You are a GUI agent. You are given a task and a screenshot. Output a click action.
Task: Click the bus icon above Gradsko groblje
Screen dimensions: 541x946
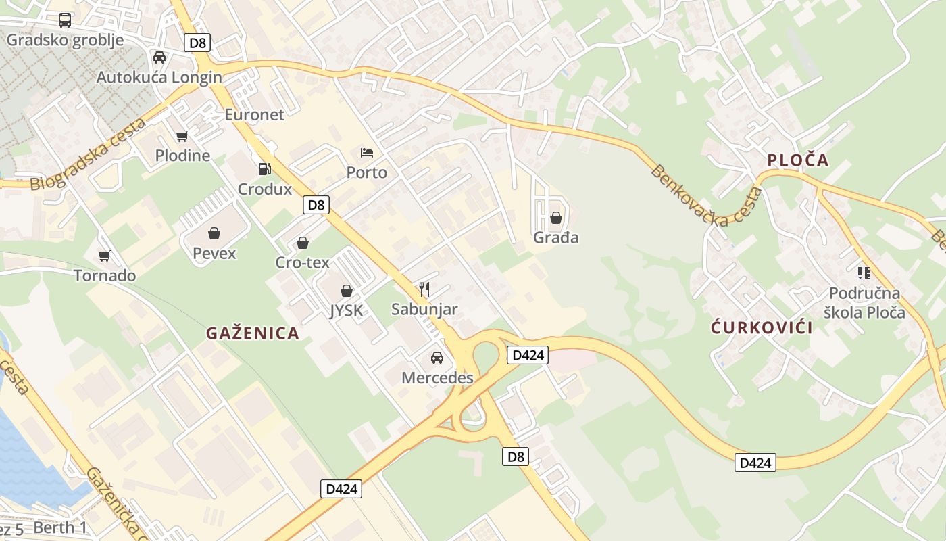65,20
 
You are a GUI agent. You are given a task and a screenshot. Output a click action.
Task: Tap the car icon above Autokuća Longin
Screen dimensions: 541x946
159,57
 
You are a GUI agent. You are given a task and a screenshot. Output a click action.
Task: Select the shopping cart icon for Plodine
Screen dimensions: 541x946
182,137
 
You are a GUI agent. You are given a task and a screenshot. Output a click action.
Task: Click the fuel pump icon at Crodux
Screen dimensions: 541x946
265,168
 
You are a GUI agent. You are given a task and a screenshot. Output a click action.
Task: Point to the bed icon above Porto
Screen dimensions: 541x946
366,152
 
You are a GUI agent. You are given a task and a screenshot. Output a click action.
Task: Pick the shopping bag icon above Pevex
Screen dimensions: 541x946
214,233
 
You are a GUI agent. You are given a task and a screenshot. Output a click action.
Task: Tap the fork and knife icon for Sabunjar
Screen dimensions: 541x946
424,289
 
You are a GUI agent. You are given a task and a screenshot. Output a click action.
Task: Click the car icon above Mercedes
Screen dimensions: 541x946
437,357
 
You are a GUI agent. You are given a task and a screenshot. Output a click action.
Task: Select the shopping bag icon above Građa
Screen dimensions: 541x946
556,218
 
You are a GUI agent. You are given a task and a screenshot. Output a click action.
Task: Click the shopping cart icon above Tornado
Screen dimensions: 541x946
104,256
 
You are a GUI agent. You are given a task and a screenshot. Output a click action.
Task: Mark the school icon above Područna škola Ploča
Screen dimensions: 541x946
864,273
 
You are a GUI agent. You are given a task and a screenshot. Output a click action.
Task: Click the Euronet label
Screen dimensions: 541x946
254,114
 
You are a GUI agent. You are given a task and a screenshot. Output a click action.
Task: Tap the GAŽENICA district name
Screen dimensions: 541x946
253,333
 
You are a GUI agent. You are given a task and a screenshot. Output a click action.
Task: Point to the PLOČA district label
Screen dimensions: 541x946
797,160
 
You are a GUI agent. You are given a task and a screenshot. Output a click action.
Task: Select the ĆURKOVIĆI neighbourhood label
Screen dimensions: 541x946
762,328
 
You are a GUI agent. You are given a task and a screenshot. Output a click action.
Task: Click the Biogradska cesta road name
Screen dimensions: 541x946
88,156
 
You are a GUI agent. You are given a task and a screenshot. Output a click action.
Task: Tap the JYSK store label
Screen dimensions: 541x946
346,310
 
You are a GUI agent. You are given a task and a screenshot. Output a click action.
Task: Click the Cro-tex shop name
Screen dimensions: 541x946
303,262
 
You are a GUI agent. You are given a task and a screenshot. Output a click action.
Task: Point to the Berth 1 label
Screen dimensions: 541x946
60,527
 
